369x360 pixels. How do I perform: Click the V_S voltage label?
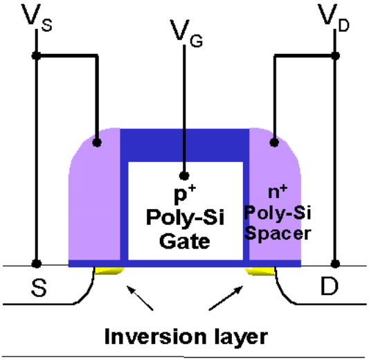35,17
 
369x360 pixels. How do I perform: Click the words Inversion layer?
185,336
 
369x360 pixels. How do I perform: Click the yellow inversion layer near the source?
109,271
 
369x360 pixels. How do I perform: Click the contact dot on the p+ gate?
184,175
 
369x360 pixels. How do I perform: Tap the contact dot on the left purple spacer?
96,143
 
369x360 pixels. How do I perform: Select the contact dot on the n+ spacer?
275,143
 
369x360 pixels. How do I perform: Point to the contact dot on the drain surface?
335,264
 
